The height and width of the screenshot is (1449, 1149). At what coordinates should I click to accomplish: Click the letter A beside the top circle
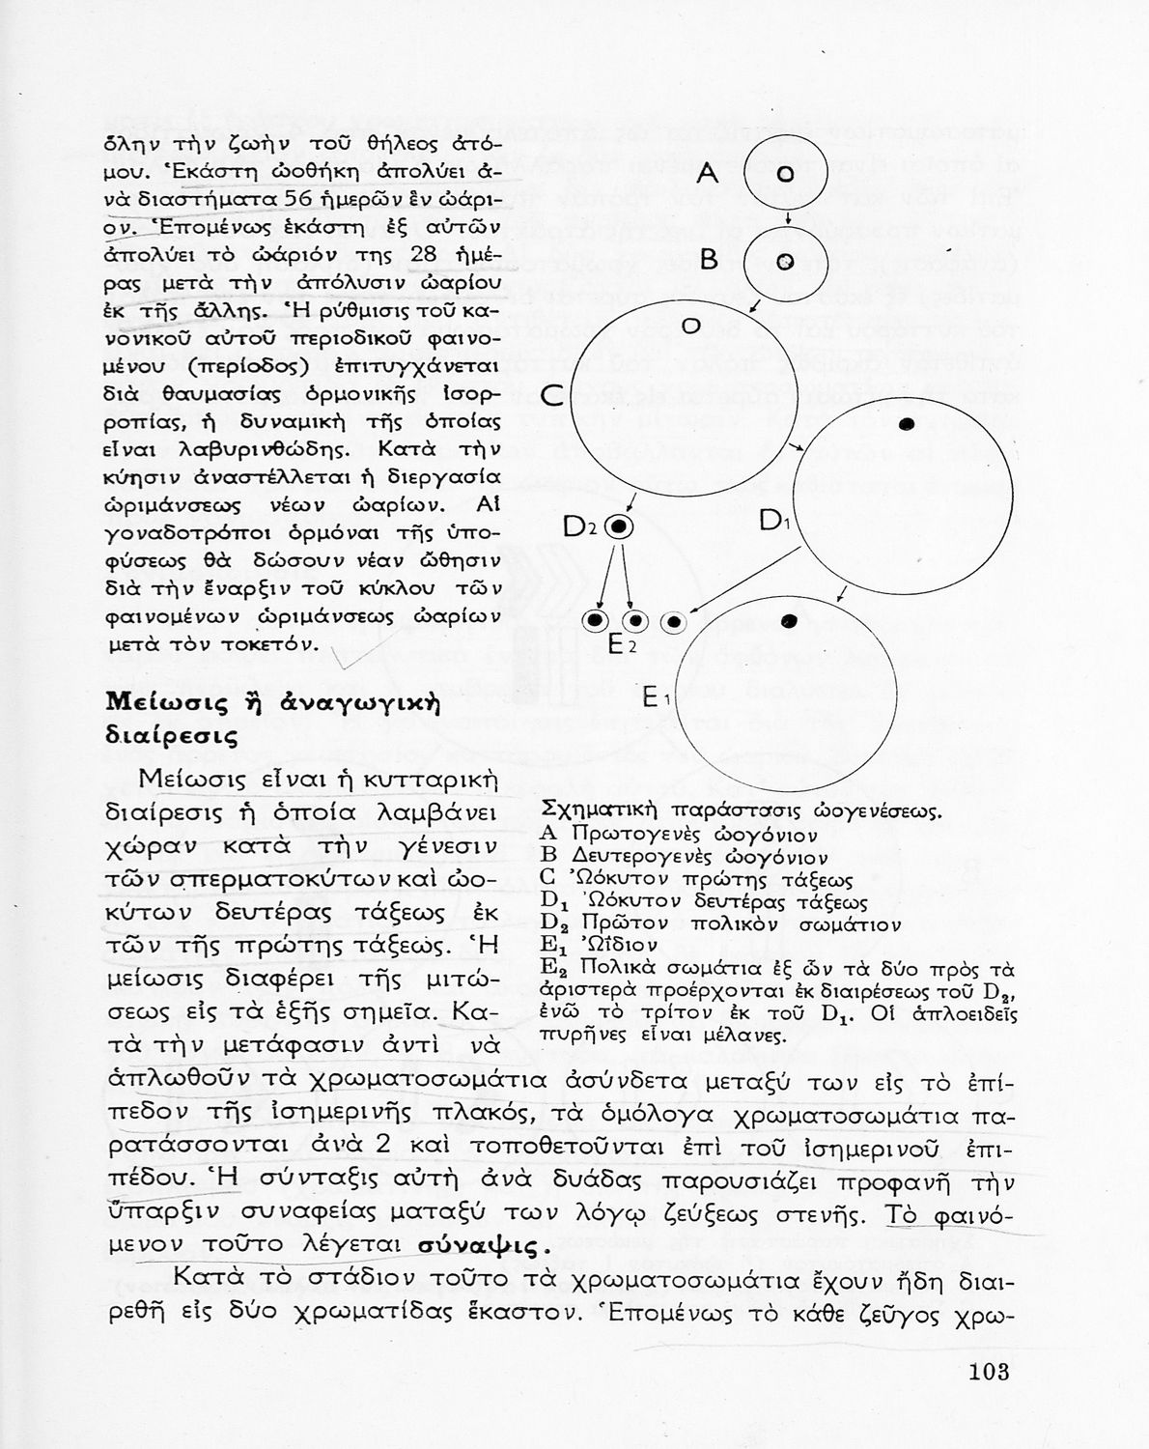[x=709, y=174]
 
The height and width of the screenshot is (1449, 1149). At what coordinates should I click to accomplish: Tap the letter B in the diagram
[x=710, y=260]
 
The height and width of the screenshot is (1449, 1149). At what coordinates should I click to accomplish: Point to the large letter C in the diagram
[x=551, y=395]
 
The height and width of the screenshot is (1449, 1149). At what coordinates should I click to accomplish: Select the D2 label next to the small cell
[x=582, y=527]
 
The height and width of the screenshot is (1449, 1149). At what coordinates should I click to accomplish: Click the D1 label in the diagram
[x=775, y=522]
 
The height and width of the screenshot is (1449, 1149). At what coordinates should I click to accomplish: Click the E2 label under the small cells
[x=622, y=645]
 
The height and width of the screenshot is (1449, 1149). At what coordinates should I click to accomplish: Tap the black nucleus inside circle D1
[x=906, y=423]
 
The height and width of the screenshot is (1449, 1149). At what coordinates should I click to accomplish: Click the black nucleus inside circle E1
[x=789, y=620]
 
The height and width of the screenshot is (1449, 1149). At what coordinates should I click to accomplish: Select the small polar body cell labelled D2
[x=620, y=526]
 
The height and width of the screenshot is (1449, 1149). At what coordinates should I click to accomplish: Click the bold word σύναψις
[x=479, y=1244]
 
